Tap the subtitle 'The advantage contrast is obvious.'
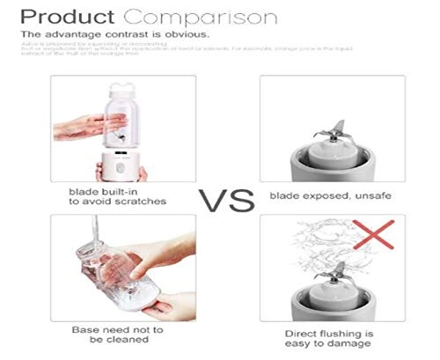(114, 35)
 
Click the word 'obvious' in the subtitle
(189, 35)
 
